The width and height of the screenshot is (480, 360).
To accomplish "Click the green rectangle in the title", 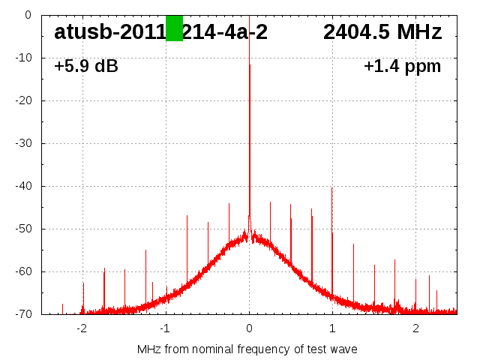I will point(174,28).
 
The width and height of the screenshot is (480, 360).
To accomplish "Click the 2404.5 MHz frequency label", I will point(382,31).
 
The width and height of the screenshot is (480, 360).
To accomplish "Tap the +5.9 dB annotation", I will point(86,66).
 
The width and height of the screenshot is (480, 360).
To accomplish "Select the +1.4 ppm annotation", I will point(402,66).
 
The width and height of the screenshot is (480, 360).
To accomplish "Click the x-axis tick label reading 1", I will point(332,328).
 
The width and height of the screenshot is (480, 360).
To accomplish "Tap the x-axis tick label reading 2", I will point(415,328).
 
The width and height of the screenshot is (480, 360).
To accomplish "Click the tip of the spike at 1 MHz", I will point(332,188).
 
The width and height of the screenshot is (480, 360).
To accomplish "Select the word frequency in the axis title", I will point(265,349).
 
